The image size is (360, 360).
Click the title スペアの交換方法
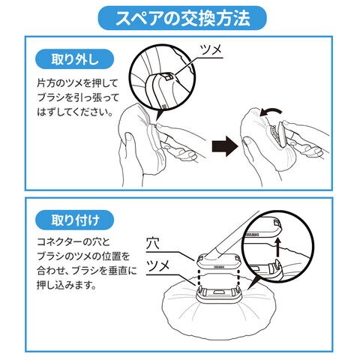pos(182,18)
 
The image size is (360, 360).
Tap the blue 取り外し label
pos(75,59)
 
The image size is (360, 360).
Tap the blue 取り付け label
pos(75,220)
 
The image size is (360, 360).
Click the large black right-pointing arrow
pos(225,146)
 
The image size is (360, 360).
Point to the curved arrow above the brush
pos(271,112)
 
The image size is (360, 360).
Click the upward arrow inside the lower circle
pos(277,247)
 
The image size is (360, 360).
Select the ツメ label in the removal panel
pos(211,49)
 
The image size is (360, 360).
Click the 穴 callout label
pos(153,243)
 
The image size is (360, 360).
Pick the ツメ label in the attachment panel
pos(158,265)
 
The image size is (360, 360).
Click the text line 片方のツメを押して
pos(77,83)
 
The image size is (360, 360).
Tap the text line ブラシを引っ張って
pos(78,97)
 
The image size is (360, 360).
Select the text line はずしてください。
pos(74,112)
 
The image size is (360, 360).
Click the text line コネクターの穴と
pos(73,242)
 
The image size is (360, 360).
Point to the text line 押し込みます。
pos(67,285)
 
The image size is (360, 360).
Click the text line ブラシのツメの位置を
pos(83,256)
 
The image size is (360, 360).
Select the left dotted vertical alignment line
pos(199,277)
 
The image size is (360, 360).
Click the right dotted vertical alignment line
pos(238,277)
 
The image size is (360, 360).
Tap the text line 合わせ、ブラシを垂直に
pos(87,271)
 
